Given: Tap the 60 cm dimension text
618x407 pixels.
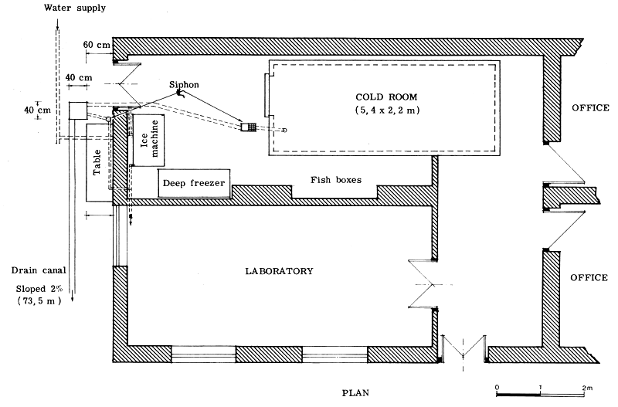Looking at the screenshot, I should point(96,45).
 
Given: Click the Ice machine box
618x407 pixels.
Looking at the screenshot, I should point(146,140).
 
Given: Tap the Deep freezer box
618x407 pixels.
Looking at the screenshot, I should point(194,182).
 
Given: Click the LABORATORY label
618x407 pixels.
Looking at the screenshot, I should point(279,271).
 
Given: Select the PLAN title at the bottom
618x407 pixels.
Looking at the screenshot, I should point(357,392).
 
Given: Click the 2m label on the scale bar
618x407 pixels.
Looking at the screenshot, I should point(586,386).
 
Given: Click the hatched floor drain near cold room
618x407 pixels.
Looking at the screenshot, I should point(250,127).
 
